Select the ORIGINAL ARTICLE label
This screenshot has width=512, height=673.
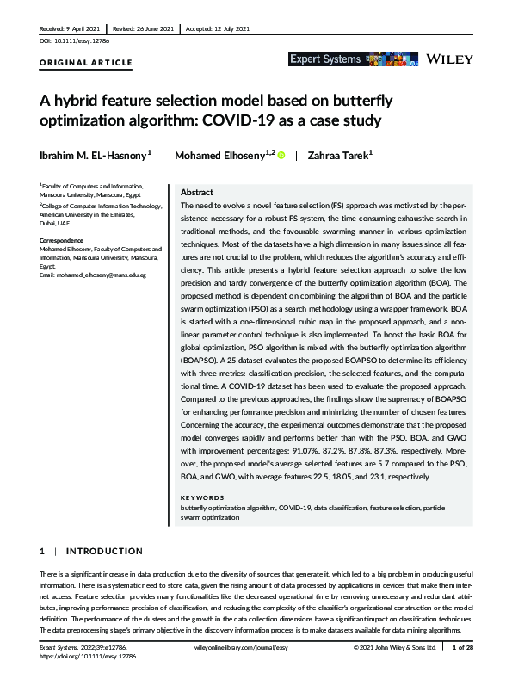coord(86,63)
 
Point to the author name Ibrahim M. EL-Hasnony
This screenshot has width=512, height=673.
coord(94,155)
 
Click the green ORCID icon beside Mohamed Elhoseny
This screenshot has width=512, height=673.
coord(281,155)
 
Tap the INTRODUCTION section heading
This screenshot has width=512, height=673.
coord(104,551)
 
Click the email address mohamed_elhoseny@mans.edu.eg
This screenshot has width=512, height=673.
coord(91,275)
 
